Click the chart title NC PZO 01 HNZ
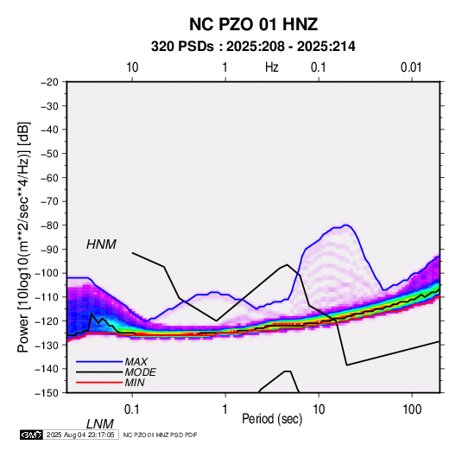coord(253,24)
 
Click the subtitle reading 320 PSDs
coord(182,47)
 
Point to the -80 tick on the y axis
coord(49,225)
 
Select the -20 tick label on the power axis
coord(49,82)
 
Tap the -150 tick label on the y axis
coord(47,393)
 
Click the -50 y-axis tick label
coord(49,154)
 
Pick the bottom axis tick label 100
coord(412,409)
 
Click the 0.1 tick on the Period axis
coord(131,409)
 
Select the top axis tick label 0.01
coord(411,67)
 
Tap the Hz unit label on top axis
coord(272,67)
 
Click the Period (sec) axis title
coord(272,419)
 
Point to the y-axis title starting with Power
coord(23,237)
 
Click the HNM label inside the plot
coord(101,244)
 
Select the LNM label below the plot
coord(100,424)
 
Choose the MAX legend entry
coord(136,362)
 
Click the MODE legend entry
coord(140,372)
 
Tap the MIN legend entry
coord(135,383)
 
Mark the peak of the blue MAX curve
coord(346,225)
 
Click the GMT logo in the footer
coord(32,435)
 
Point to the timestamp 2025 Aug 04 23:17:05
coord(80,435)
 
